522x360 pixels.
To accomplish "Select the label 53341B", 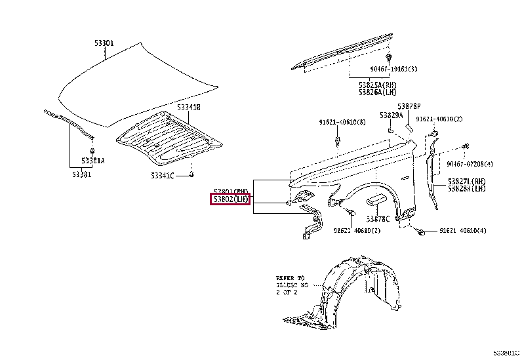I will (188, 107).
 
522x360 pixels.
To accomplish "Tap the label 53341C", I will (162, 175).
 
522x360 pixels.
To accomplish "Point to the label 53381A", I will (93, 161).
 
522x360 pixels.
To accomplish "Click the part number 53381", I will (82, 174).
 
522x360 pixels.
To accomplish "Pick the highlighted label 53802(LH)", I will (231, 199).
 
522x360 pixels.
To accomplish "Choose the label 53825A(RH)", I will (378, 85).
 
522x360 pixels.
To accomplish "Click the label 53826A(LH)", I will (378, 92).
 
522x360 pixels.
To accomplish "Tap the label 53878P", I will (408, 106).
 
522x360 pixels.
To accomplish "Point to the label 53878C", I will (378, 218).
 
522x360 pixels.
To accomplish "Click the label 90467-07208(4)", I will (470, 163).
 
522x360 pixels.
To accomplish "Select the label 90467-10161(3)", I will (393, 68).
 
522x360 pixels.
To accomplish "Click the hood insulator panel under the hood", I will (167, 138).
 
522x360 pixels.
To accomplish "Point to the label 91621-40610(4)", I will (463, 230).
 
